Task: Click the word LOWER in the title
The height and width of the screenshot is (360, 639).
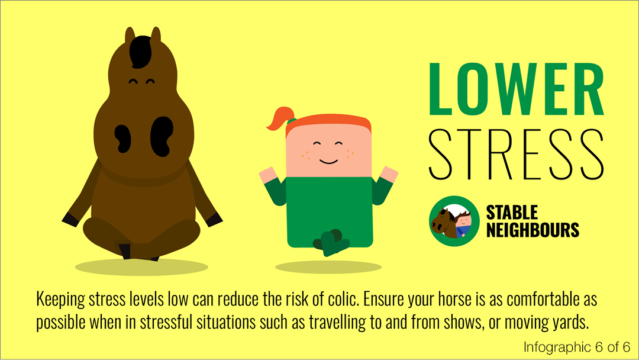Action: [x=517, y=89]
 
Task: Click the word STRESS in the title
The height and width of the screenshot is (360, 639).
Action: [x=517, y=155]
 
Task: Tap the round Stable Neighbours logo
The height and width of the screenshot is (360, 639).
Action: [x=454, y=221]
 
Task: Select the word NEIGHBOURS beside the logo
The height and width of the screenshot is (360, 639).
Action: [x=532, y=230]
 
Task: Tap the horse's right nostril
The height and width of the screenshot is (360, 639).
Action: [x=162, y=137]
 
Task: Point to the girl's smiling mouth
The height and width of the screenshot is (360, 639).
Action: [x=328, y=162]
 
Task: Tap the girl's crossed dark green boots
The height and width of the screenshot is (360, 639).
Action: [x=331, y=243]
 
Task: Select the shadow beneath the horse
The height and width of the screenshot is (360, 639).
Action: [x=141, y=267]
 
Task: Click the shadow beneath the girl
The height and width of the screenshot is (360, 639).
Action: [x=328, y=268]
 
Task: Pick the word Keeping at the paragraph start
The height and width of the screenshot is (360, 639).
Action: [x=60, y=300]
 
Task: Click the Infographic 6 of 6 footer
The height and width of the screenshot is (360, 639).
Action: [x=577, y=347]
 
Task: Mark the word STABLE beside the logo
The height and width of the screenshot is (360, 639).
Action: [x=512, y=213]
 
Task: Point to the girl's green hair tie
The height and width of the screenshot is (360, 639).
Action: [x=291, y=121]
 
